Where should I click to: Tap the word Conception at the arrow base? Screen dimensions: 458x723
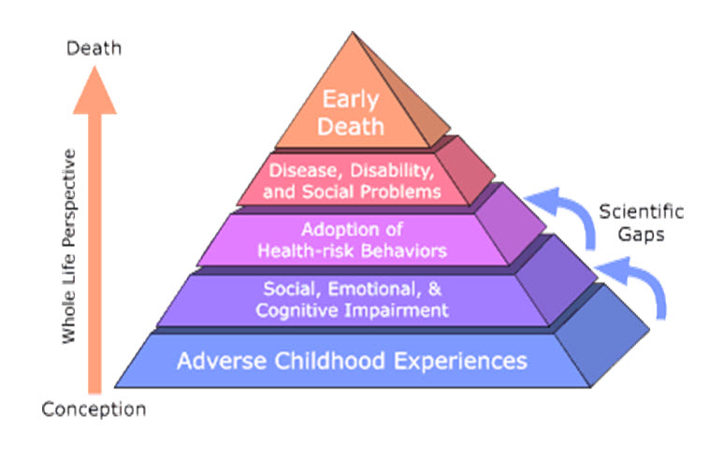pos(94,408)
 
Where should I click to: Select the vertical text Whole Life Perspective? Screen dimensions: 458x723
pos(69,244)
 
